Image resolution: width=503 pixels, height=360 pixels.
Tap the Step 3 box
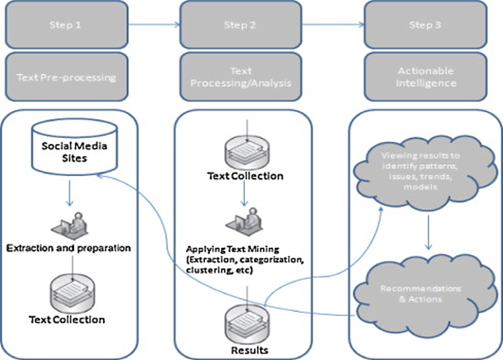pyautogui.click(x=425, y=25)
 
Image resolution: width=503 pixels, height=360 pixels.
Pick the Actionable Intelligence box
pyautogui.click(x=425, y=77)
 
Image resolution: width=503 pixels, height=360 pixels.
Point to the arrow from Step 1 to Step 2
pyautogui.click(x=155, y=25)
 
